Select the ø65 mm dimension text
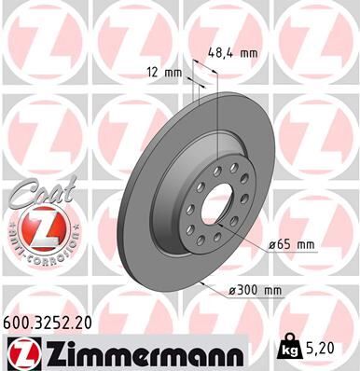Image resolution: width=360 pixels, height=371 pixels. point(292,244)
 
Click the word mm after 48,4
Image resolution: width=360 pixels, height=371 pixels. point(247,53)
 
